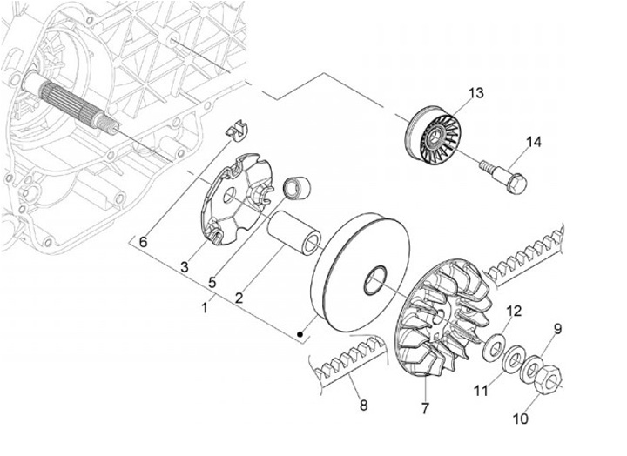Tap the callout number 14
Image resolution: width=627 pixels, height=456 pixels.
533,141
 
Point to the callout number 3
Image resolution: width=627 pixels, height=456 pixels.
185,265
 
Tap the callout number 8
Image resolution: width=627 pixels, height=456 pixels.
363,405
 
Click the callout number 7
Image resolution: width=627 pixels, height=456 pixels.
425,407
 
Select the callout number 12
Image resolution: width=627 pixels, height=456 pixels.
515,311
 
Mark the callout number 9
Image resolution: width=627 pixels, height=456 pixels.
557,328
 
